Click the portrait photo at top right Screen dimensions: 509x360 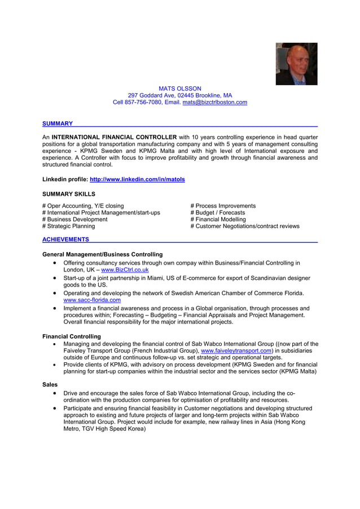point(296,64)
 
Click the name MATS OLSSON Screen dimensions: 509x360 point(179,89)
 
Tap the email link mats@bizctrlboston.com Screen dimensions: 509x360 point(214,102)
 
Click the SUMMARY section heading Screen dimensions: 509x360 point(58,124)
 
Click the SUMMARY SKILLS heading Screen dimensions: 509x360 point(69,194)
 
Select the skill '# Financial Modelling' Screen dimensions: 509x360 point(218,220)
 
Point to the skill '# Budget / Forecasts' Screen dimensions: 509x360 point(218,213)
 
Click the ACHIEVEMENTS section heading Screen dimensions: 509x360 point(65,240)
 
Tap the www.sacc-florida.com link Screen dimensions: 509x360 point(92,300)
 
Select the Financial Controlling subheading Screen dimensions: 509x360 point(72,336)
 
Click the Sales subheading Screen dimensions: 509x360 point(50,384)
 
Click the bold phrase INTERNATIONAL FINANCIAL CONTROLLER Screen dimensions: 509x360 point(114,137)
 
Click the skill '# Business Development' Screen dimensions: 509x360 point(74,220)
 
